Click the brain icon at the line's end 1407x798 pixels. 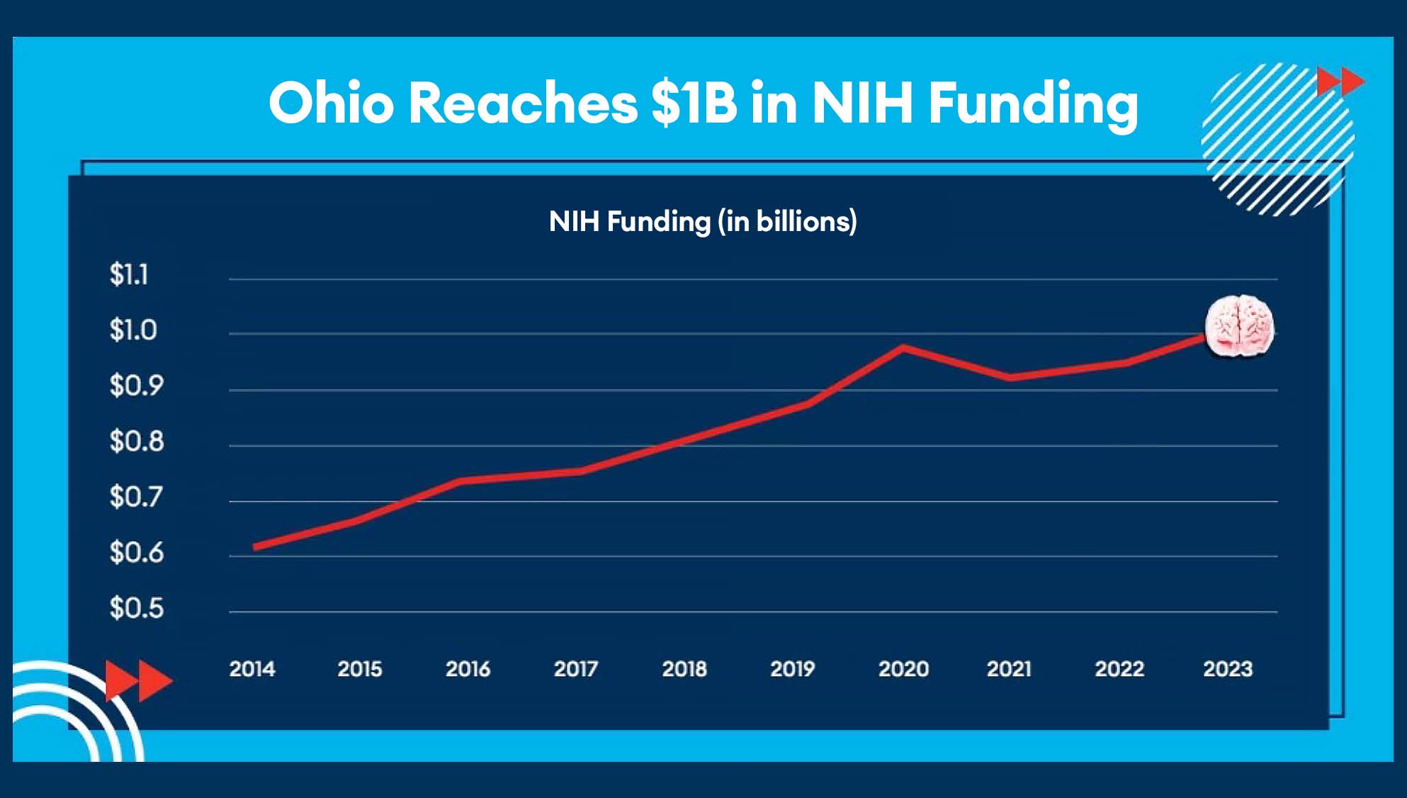pyautogui.click(x=1240, y=326)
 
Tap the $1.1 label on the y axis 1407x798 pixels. pyautogui.click(x=129, y=274)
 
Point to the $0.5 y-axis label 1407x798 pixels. pyautogui.click(x=136, y=608)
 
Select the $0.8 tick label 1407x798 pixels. pyautogui.click(x=136, y=442)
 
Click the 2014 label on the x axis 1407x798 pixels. pyautogui.click(x=252, y=669)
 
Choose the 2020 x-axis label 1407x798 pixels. pyautogui.click(x=903, y=669)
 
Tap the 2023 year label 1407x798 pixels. pyautogui.click(x=1228, y=669)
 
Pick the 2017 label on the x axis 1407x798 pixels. pyautogui.click(x=576, y=669)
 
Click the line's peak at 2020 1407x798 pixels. pyautogui.click(x=903, y=347)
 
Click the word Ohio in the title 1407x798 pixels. pyautogui.click(x=331, y=103)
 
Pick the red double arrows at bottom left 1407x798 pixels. pyautogui.click(x=138, y=680)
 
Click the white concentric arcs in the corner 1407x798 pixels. pyautogui.click(x=71, y=716)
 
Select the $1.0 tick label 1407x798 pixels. pyautogui.click(x=132, y=330)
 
